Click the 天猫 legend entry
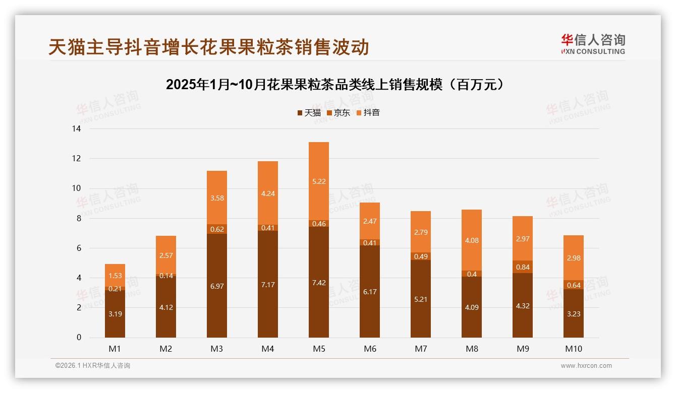tap(309, 113)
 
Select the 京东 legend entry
tap(338, 113)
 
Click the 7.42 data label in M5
tap(318, 283)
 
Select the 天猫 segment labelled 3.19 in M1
tap(115, 313)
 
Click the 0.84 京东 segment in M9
tap(523, 267)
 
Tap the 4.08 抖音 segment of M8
tap(471, 240)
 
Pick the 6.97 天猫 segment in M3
tap(217, 286)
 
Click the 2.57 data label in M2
tap(166, 255)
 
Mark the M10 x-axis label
tap(574, 349)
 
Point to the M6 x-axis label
tap(370, 349)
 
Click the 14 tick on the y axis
tap(76, 129)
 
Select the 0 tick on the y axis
tap(78, 338)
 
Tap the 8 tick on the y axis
tap(78, 218)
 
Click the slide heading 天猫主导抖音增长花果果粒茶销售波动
tap(209, 47)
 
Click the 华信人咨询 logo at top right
tap(593, 44)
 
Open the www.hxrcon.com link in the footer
tap(586, 366)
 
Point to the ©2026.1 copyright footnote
tap(93, 366)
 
